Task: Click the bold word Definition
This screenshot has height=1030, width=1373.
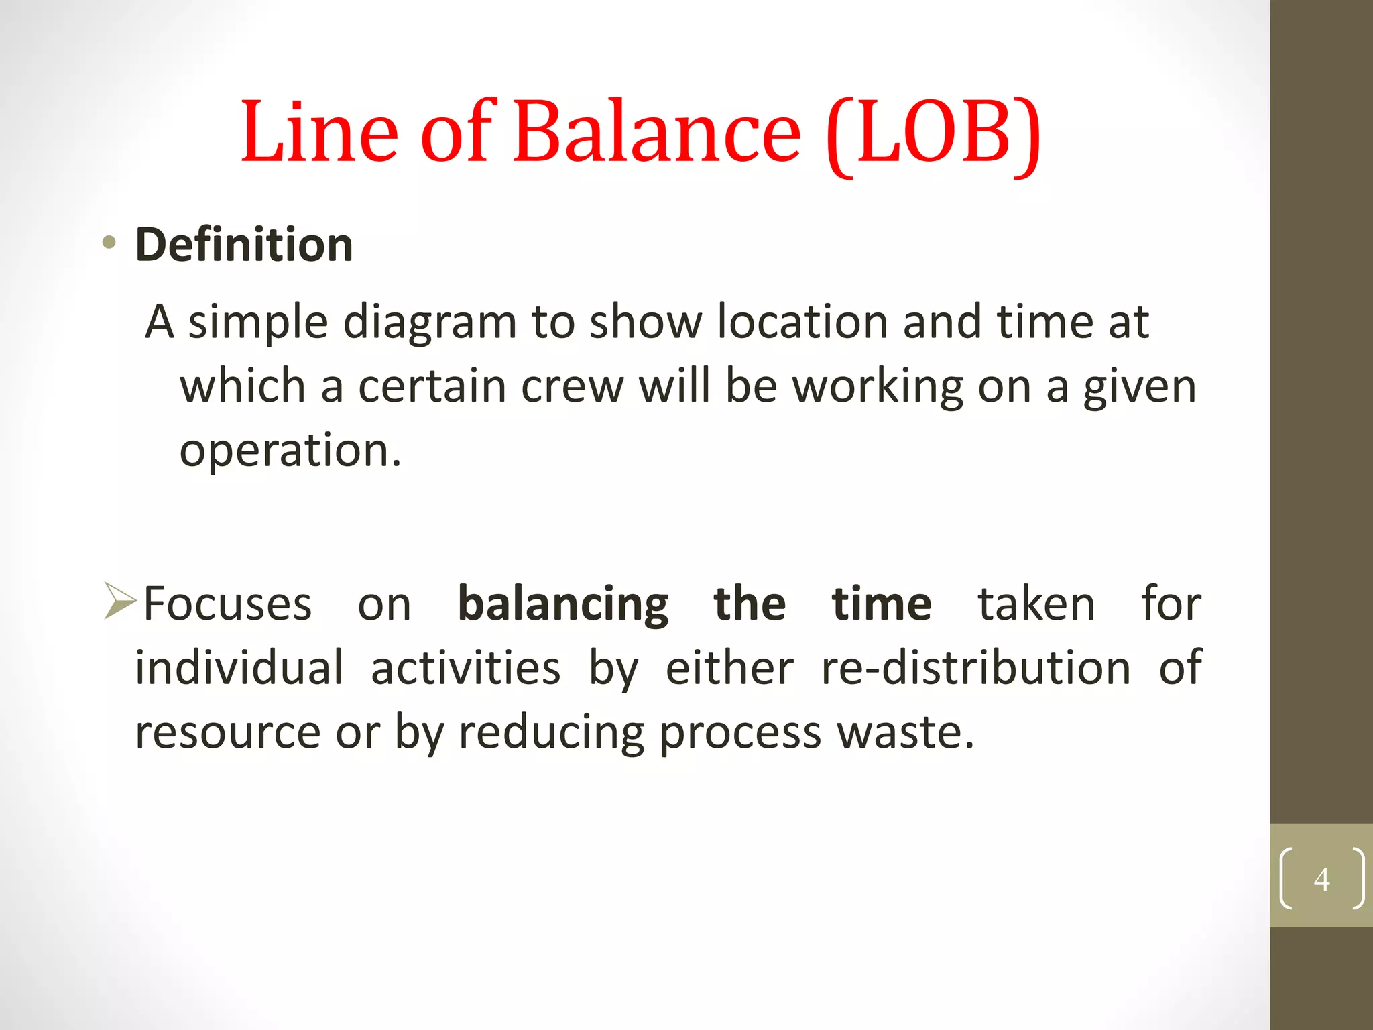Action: point(244,245)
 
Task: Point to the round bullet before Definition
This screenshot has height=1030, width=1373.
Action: point(109,243)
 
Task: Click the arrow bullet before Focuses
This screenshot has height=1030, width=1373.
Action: point(120,601)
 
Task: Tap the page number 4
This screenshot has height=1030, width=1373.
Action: point(1321,879)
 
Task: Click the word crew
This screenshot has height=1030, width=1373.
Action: point(572,387)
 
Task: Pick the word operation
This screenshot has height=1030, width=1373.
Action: point(290,451)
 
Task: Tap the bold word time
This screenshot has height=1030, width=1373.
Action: point(881,604)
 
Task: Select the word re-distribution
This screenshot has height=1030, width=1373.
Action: point(976,668)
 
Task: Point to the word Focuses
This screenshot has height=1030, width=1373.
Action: point(227,604)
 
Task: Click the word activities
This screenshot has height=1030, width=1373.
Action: point(465,669)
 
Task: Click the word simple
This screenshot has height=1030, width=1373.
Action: point(257,324)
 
